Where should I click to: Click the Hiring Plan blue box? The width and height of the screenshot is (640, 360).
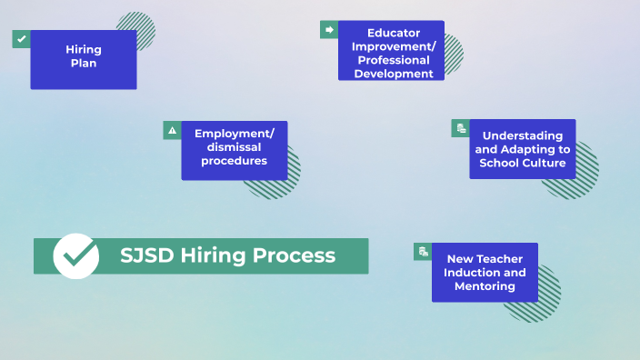(84, 60)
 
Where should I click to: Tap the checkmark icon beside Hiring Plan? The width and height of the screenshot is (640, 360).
(22, 39)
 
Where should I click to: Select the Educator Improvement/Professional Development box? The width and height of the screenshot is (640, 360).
(391, 51)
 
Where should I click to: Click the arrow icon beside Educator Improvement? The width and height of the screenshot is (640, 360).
(329, 30)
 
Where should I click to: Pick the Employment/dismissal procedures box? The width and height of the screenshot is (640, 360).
(234, 150)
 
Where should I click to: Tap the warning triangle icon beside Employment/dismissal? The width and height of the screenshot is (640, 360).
(172, 130)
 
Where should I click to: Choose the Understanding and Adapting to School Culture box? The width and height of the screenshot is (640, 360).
(522, 149)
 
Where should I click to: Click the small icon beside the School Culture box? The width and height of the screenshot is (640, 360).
(461, 128)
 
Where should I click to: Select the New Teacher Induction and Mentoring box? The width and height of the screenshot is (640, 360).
(485, 272)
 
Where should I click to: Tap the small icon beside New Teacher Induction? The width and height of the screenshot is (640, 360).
(423, 251)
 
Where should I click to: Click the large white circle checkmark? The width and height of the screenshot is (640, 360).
(76, 255)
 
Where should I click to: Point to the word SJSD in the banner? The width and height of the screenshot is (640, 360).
(147, 255)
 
